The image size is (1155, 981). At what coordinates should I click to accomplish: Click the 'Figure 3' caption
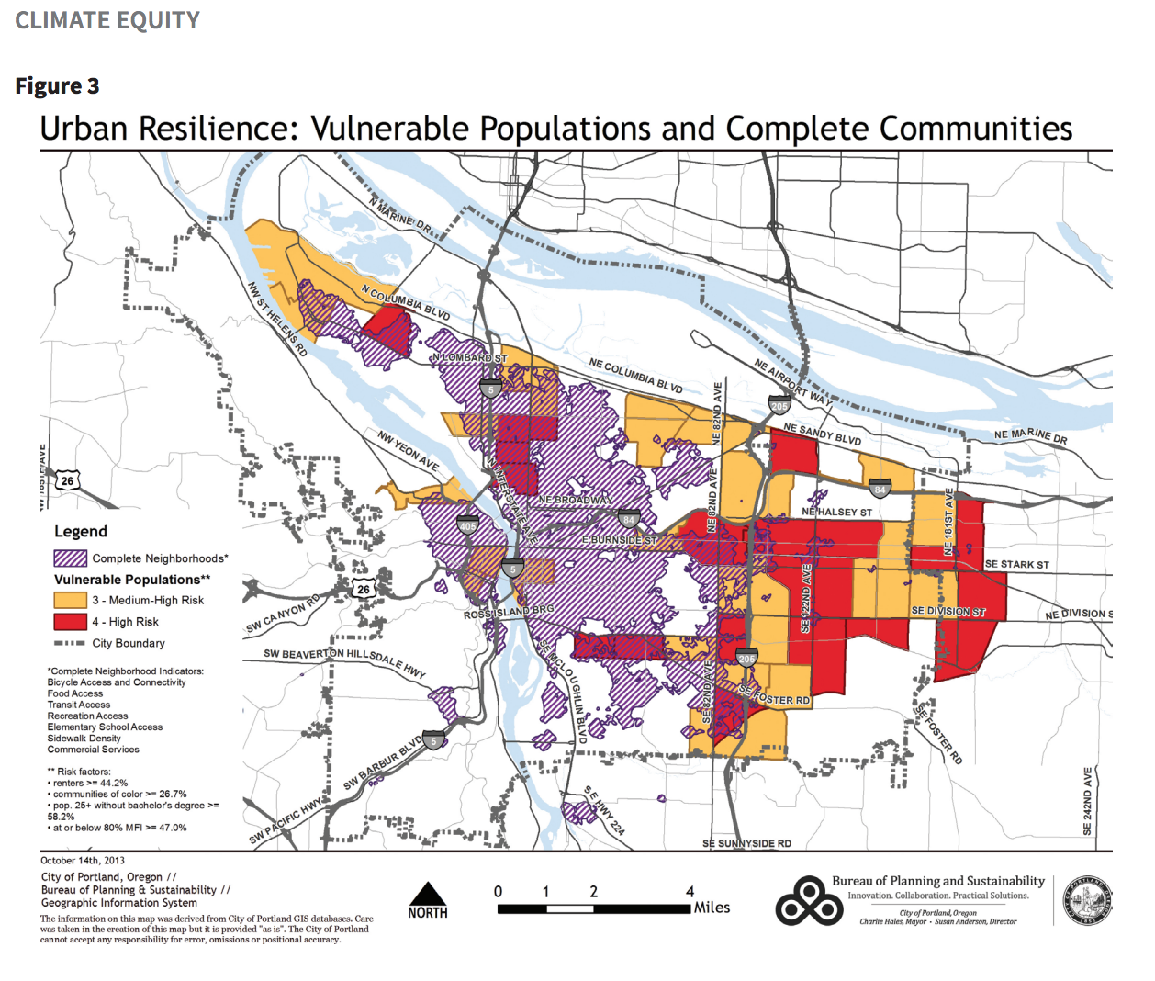click(57, 86)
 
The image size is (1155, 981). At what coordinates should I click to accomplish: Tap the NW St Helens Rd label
click(276, 320)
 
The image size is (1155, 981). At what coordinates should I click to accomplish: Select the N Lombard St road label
click(469, 357)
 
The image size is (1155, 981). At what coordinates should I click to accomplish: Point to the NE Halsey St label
click(836, 512)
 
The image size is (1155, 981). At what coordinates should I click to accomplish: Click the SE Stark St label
click(1016, 564)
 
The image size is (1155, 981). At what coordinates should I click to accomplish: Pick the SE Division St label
click(948, 611)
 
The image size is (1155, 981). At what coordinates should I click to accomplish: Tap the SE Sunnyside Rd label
click(746, 843)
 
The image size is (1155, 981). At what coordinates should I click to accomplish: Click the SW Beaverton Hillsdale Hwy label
click(344, 660)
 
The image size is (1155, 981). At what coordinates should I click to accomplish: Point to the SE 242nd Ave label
click(1088, 801)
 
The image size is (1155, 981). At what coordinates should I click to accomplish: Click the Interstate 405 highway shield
click(468, 525)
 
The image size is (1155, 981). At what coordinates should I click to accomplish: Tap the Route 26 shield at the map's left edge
click(67, 480)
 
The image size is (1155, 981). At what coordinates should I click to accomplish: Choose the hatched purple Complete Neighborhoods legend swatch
click(70, 558)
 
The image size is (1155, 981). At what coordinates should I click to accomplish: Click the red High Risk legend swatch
click(70, 622)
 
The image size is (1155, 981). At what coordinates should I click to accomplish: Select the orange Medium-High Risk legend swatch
click(70, 601)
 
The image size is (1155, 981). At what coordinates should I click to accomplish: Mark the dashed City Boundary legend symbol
click(70, 643)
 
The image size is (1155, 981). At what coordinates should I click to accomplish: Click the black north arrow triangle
click(427, 894)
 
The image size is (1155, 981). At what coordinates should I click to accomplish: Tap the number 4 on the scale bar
click(690, 892)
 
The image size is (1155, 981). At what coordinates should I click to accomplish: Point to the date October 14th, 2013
click(83, 861)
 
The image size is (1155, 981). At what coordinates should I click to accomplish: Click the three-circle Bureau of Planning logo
click(809, 900)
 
